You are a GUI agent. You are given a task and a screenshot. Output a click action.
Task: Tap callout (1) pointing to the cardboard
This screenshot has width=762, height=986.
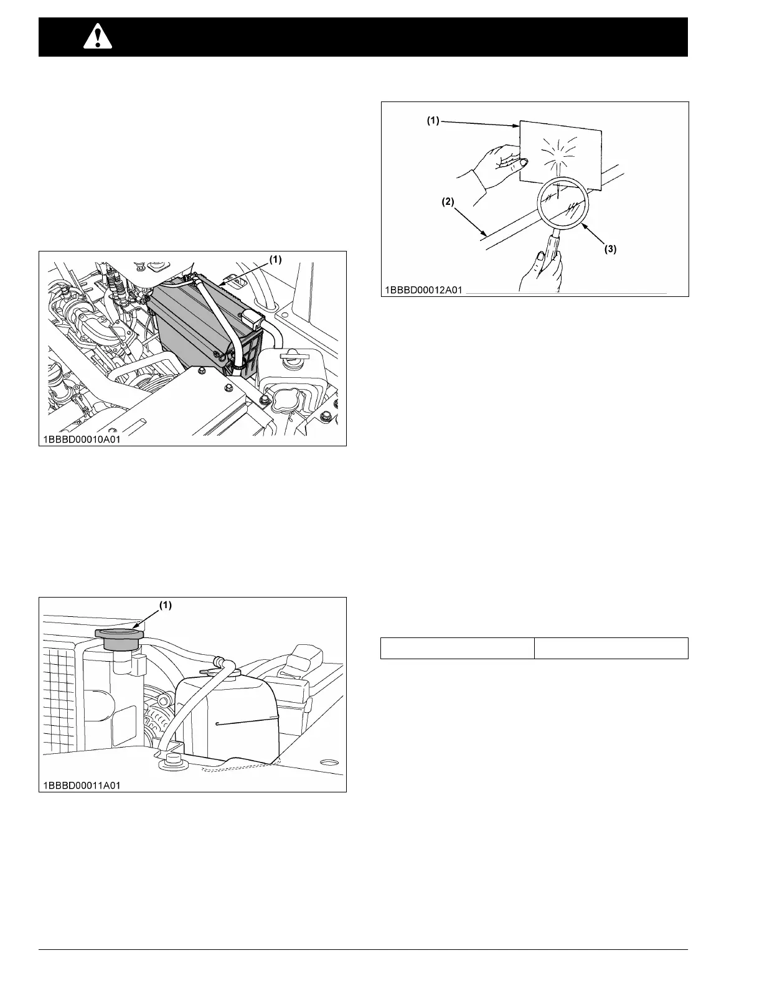433,122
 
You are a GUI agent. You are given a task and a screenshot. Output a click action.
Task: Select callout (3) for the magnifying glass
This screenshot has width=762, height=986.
611,249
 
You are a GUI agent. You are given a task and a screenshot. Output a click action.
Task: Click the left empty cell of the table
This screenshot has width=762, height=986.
457,648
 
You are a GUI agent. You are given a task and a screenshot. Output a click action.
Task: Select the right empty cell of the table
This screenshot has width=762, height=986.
611,648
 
